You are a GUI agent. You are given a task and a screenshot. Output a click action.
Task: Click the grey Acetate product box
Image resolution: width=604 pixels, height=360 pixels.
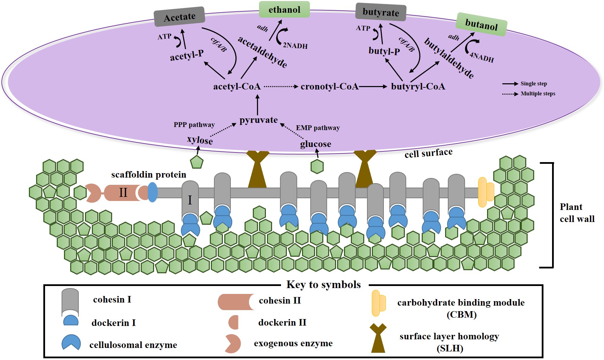click(x=180, y=17)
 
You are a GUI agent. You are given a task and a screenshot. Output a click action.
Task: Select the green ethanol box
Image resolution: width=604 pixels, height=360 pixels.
click(x=284, y=9)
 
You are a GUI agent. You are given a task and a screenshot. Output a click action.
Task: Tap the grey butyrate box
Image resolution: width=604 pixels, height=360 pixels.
click(x=380, y=12)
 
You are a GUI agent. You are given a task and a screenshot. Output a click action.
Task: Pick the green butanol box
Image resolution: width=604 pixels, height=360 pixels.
click(x=481, y=24)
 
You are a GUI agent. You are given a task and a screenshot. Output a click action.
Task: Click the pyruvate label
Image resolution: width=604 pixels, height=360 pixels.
click(x=259, y=120)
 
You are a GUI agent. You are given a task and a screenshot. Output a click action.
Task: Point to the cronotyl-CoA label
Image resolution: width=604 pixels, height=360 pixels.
click(x=329, y=86)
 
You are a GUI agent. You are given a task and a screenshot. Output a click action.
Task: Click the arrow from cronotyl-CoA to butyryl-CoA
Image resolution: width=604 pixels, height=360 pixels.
click(x=373, y=87)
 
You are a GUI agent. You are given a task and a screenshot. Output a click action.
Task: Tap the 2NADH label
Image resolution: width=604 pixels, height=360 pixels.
click(x=295, y=45)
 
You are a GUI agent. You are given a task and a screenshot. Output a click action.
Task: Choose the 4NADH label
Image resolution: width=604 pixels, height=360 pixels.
click(x=482, y=57)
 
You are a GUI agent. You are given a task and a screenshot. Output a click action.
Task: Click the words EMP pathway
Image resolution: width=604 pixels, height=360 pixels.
click(x=318, y=128)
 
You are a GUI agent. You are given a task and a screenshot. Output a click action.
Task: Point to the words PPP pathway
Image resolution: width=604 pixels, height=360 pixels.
click(x=194, y=125)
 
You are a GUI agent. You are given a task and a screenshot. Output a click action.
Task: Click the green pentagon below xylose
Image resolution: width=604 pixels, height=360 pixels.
click(x=197, y=162)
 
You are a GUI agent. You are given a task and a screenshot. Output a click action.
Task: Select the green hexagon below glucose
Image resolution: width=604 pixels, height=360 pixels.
click(x=317, y=167)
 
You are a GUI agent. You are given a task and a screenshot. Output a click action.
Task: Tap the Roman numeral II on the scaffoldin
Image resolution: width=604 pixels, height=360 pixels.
click(x=123, y=192)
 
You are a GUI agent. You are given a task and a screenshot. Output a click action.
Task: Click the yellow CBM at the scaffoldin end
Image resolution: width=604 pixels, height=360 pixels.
click(x=486, y=192)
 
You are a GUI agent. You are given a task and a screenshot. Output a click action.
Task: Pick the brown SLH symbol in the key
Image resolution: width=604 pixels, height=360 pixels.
click(x=378, y=338)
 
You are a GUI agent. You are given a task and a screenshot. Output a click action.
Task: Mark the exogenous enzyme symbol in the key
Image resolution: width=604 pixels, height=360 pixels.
click(x=233, y=343)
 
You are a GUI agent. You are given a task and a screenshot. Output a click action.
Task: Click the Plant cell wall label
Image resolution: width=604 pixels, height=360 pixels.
click(x=577, y=213)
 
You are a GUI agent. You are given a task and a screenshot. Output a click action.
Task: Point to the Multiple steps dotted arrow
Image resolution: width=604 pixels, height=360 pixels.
click(x=510, y=94)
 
